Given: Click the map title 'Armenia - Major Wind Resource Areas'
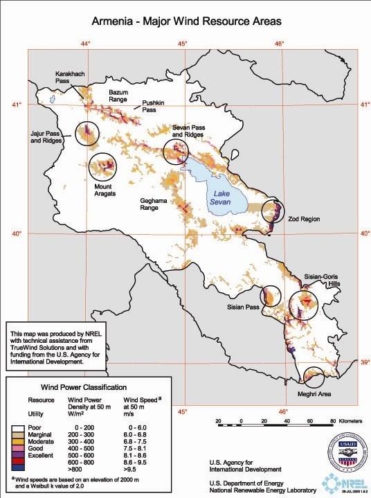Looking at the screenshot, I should pos(185,22).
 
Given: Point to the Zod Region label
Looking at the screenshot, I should pos(305,219).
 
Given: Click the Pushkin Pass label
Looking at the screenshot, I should pos(154,105).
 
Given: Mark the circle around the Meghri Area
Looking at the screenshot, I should pos(314,377).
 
